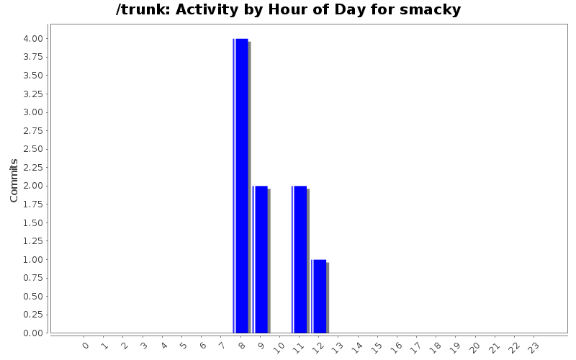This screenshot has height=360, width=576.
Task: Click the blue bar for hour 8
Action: (242, 185)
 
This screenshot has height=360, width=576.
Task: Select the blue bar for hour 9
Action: (261, 259)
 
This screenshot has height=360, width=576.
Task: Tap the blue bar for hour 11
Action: (300, 259)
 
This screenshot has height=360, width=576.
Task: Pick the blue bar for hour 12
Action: (320, 296)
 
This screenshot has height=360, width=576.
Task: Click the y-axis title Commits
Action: (14, 180)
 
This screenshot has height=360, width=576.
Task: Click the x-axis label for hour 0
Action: (86, 346)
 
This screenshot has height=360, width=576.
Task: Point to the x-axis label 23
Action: (532, 347)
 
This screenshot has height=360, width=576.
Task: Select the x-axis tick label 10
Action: (279, 347)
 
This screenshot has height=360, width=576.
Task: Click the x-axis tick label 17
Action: (415, 347)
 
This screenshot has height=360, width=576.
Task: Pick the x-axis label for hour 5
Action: (183, 346)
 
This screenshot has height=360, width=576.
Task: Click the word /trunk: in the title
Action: (143, 10)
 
